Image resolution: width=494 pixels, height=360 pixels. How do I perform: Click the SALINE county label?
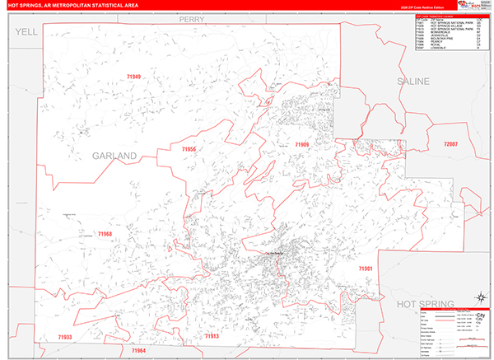pyautogui.click(x=413, y=82)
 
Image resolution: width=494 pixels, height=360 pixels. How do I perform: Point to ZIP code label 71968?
pyautogui.click(x=105, y=234)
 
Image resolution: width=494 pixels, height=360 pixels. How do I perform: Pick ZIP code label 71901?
pyautogui.click(x=366, y=269)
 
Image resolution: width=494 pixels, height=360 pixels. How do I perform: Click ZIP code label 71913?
pyautogui.click(x=212, y=336)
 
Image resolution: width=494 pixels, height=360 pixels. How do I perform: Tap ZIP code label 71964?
pyautogui.click(x=138, y=350)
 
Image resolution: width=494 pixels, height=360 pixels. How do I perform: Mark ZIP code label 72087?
pyautogui.click(x=450, y=144)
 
